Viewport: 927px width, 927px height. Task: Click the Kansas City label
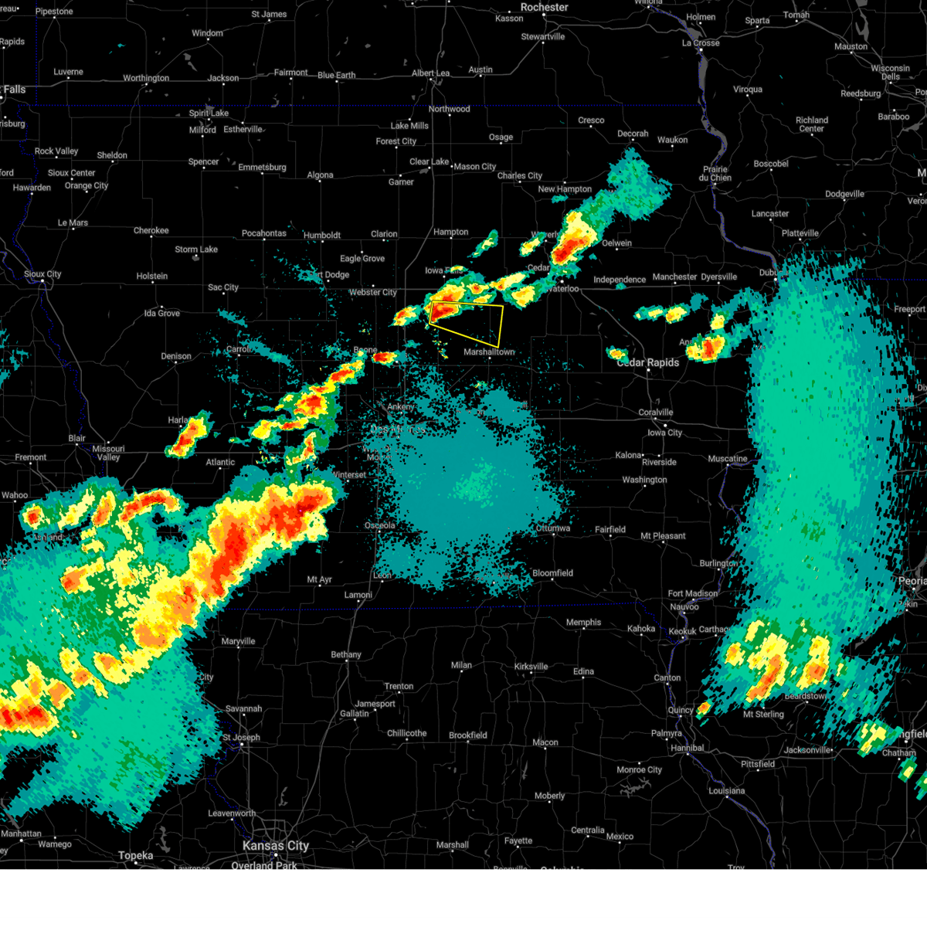click(276, 846)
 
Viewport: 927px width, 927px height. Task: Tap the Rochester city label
click(544, 8)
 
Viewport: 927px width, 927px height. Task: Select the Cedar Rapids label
click(648, 362)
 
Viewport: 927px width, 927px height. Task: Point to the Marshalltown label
click(489, 352)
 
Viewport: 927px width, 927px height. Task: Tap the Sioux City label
click(42, 274)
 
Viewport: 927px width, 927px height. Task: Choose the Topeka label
click(135, 856)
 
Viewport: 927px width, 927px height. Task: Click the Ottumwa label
click(553, 528)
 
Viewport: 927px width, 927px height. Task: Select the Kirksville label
click(531, 667)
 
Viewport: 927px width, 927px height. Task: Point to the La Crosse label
click(701, 43)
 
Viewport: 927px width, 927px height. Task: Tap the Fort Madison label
click(693, 593)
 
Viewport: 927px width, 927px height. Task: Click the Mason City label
click(474, 167)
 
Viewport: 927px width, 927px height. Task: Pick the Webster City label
click(373, 293)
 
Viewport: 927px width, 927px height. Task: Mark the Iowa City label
click(664, 433)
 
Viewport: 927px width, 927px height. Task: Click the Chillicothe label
click(407, 733)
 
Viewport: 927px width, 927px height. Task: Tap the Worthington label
click(146, 78)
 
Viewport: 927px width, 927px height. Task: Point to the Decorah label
click(633, 134)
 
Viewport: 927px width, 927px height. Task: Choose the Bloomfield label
click(552, 573)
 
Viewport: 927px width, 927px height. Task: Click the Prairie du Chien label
click(715, 174)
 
